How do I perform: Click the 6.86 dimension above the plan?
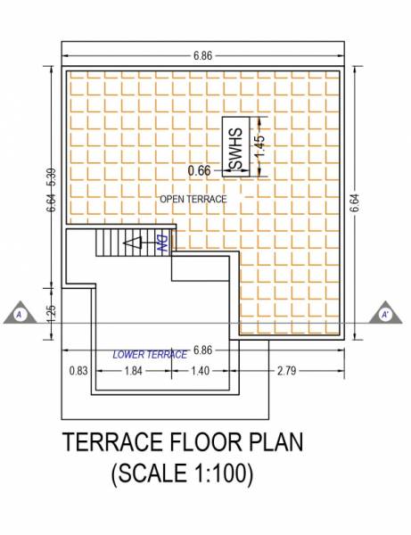202,55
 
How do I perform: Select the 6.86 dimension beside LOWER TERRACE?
204,350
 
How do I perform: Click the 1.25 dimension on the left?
52,312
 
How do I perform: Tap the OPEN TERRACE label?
193,198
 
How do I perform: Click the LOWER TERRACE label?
150,354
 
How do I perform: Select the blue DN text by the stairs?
162,243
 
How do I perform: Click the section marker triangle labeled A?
18,314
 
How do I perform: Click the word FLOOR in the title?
207,443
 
